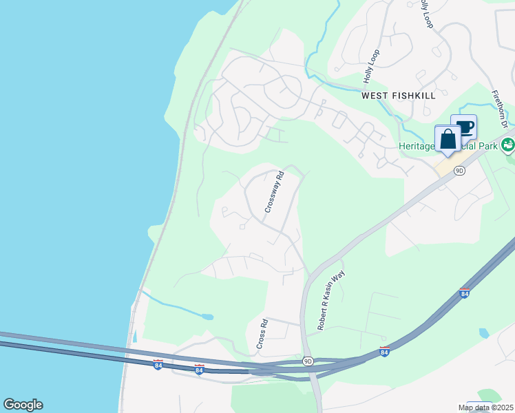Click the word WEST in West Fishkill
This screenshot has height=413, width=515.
376,96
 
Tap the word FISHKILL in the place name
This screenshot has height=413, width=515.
414,96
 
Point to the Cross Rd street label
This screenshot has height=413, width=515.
262,333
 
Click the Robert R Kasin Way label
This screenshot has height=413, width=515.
330,299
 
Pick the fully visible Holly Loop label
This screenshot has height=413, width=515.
371,66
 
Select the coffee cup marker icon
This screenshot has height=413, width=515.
465,127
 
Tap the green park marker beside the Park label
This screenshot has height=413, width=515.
508,145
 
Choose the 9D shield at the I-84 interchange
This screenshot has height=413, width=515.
308,361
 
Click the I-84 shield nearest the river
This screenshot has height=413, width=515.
158,365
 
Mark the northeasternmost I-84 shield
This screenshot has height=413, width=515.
464,293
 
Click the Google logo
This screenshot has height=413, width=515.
23,405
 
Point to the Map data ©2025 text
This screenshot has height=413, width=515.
486,407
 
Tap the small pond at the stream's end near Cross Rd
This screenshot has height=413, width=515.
206,317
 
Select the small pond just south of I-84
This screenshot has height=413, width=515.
483,333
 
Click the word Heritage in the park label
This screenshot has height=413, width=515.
416,146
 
